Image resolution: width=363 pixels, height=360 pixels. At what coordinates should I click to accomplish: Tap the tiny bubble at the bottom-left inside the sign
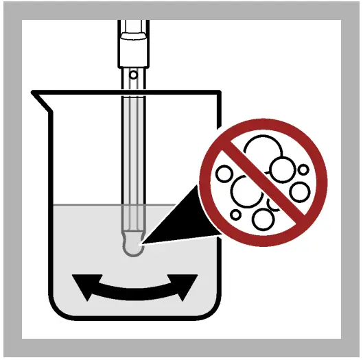pyautogui.click(x=236, y=215)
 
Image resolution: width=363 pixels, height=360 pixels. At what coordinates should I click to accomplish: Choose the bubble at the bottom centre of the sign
pyautogui.click(x=264, y=219)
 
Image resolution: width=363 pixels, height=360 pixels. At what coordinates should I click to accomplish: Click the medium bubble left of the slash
pyautogui.click(x=224, y=173)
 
